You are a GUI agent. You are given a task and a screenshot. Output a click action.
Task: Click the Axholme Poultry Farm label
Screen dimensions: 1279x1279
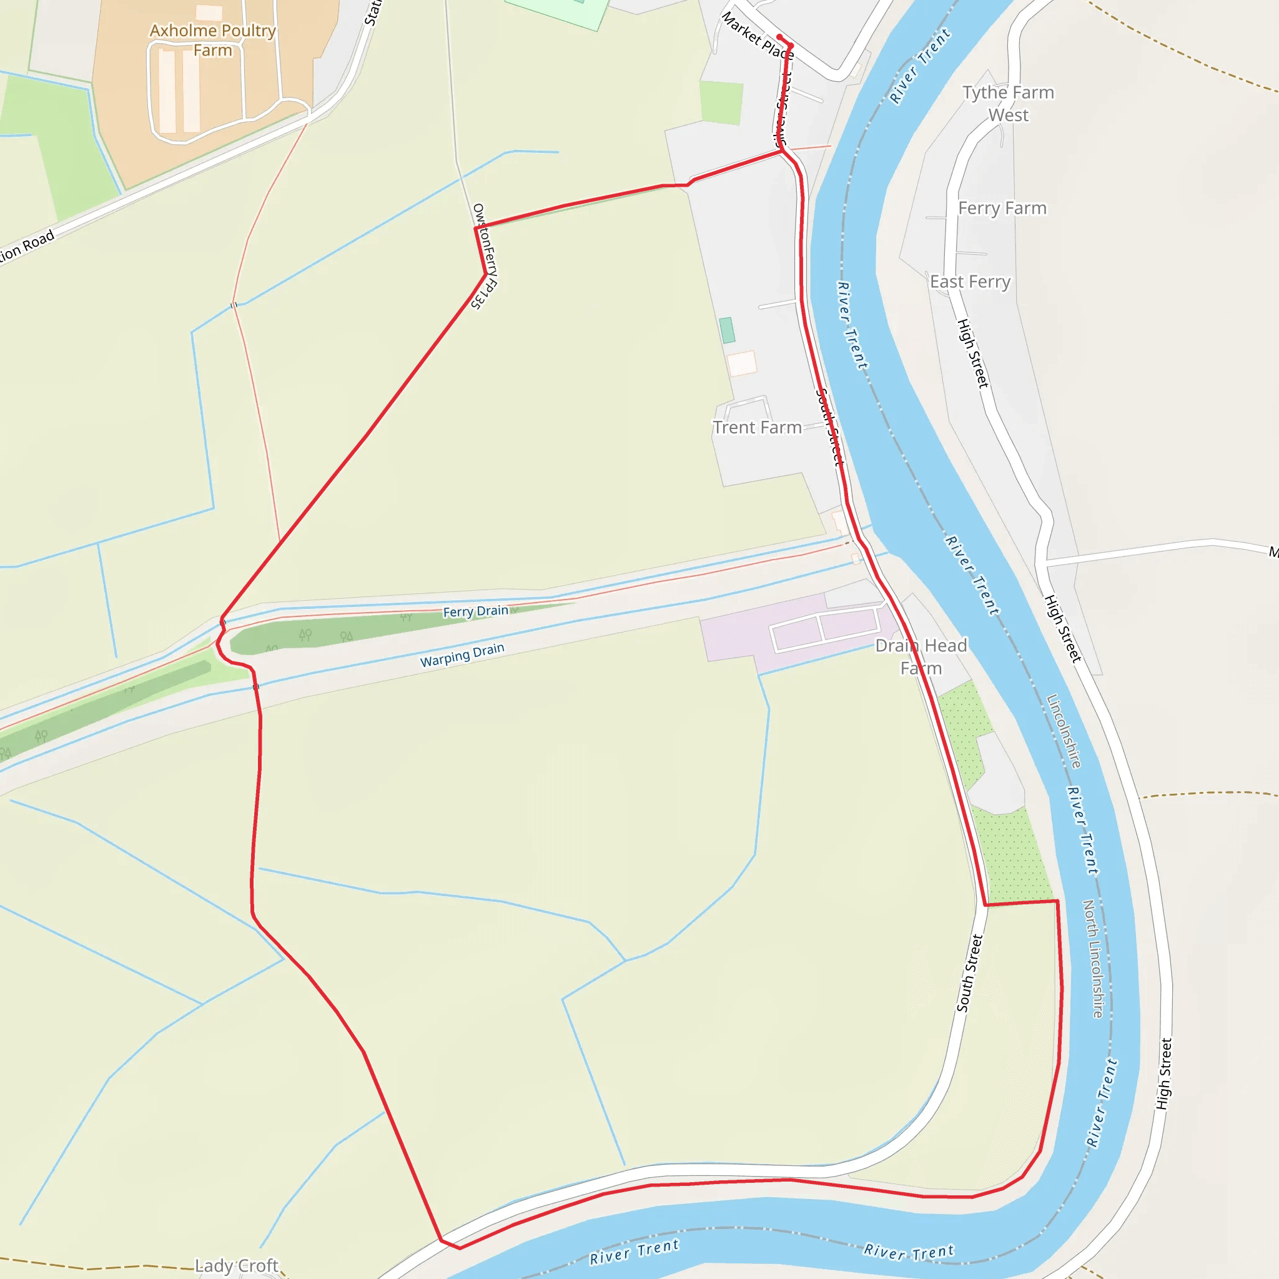212,41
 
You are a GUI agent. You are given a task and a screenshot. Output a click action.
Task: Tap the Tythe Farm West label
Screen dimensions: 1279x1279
1007,104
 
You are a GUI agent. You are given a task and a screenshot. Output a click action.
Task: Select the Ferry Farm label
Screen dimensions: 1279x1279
1002,209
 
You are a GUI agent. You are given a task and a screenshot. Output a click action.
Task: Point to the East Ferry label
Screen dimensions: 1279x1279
970,282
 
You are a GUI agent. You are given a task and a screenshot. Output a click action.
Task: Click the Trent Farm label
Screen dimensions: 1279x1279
757,428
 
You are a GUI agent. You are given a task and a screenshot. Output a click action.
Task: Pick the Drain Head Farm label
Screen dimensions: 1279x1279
921,657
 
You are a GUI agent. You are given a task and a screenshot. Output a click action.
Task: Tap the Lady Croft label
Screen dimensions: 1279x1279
236,1266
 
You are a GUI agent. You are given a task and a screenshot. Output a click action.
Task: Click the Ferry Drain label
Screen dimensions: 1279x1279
475,611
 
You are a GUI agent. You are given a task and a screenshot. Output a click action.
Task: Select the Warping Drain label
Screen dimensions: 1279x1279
462,654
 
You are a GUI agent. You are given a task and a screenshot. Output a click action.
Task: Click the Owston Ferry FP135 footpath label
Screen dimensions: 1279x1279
485,257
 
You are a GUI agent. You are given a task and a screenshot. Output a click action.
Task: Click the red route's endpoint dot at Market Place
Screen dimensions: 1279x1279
780,37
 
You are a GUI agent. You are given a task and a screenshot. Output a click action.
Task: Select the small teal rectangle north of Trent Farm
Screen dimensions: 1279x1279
727,330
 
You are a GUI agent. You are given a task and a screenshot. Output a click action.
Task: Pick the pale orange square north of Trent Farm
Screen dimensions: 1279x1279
741,363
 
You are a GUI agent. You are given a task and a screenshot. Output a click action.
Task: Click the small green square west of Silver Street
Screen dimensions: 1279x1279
721,102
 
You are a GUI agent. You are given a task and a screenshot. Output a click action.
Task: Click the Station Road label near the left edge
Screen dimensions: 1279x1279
26,247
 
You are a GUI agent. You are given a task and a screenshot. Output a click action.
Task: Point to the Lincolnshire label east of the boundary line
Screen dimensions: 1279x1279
1064,731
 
